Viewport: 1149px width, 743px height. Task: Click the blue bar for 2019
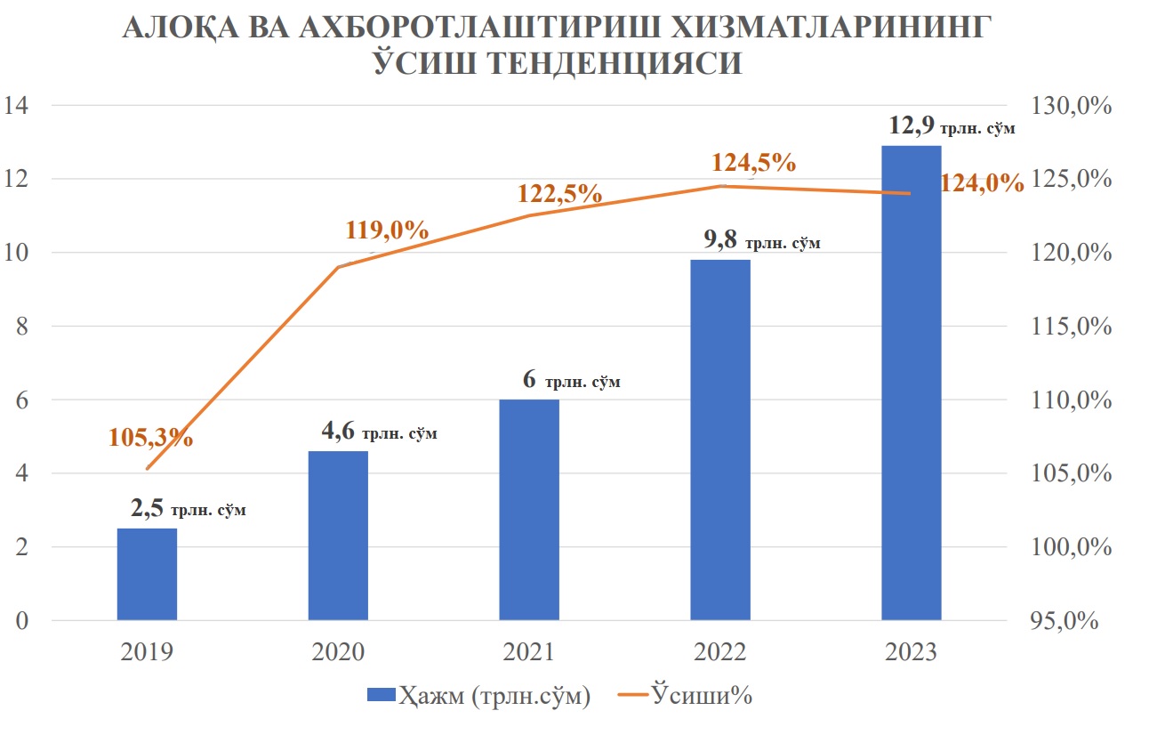tap(147, 574)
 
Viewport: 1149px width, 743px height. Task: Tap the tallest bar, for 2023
tap(911, 383)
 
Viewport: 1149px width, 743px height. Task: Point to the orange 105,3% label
tap(151, 437)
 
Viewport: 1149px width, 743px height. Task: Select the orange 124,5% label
tap(752, 164)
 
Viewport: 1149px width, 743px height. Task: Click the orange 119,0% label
tap(386, 230)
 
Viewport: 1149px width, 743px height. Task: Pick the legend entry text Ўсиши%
tap(702, 696)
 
